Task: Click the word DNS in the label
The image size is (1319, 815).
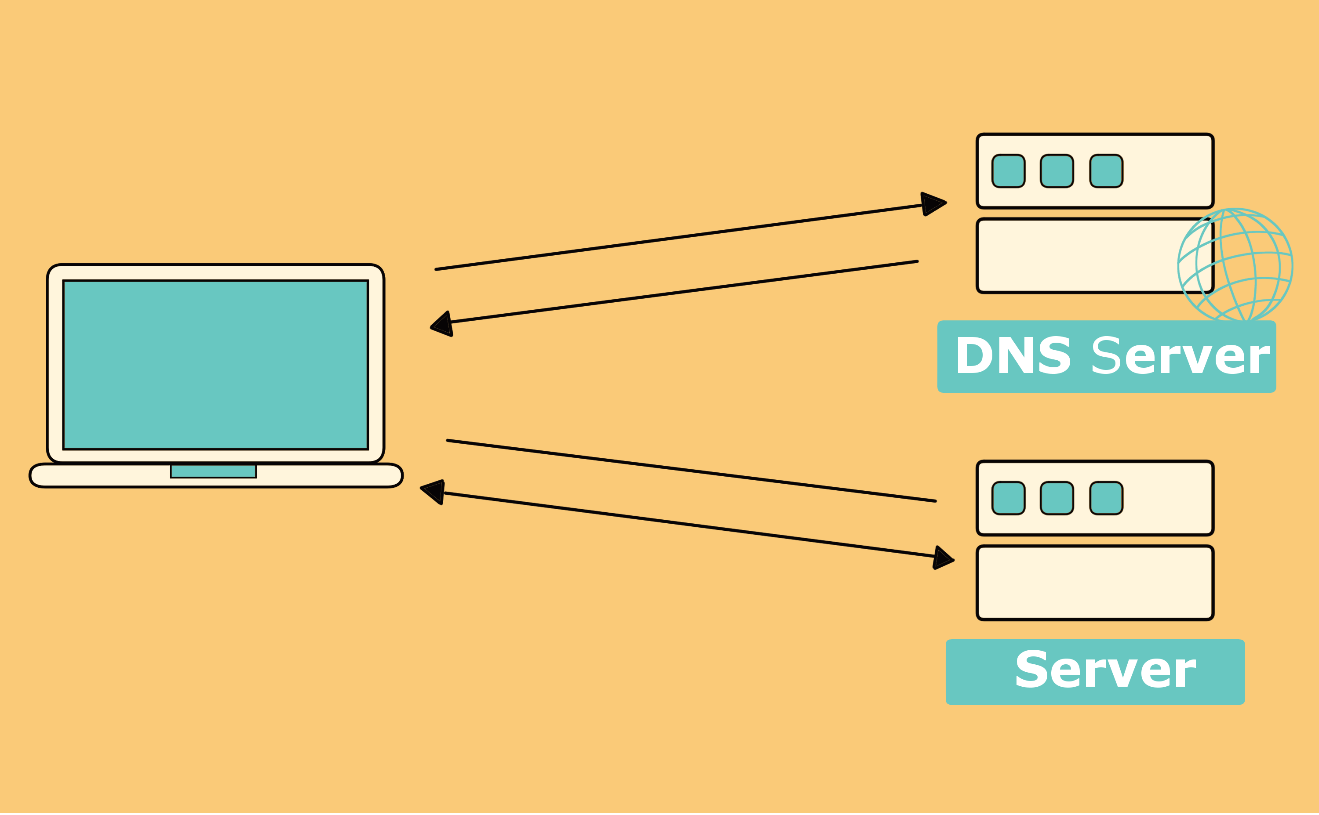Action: pyautogui.click(x=1013, y=356)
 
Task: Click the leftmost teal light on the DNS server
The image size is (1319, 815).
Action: pyautogui.click(x=1009, y=171)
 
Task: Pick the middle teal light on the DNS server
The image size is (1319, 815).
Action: pyautogui.click(x=1057, y=171)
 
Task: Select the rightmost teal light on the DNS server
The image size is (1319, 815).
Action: pyautogui.click(x=1107, y=171)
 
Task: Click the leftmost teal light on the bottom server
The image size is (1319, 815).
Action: pyautogui.click(x=1009, y=498)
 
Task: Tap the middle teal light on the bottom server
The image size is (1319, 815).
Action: pyautogui.click(x=1057, y=498)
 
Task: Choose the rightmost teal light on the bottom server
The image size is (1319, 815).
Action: pyautogui.click(x=1107, y=498)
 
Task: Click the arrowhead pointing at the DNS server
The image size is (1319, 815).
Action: pyautogui.click(x=933, y=204)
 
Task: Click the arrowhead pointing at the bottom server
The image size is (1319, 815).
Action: pyautogui.click(x=943, y=558)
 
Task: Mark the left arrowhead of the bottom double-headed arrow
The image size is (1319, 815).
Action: pyautogui.click(x=433, y=492)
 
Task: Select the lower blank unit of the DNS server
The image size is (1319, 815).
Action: pyautogui.click(x=1095, y=256)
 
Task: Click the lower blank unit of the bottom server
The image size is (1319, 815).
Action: pyautogui.click(x=1095, y=583)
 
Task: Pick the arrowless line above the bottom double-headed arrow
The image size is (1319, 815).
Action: pyautogui.click(x=691, y=471)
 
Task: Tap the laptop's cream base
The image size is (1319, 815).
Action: pyautogui.click(x=216, y=475)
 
